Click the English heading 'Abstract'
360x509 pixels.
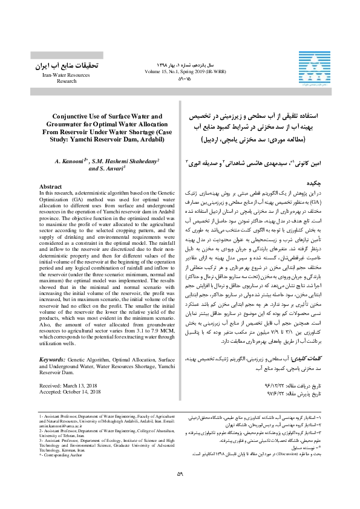[50, 170]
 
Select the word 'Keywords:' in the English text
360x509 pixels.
[52, 342]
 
